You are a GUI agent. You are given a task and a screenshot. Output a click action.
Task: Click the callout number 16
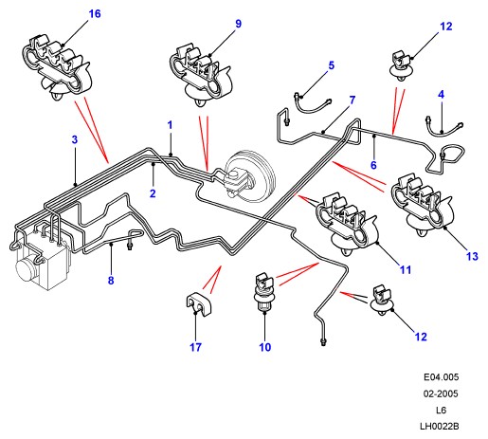(95, 14)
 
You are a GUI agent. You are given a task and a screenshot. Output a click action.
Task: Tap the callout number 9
(238, 24)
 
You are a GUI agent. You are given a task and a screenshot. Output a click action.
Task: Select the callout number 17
(195, 347)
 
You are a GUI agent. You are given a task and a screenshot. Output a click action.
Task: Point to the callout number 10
(265, 347)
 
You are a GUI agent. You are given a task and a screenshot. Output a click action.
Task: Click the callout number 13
(472, 256)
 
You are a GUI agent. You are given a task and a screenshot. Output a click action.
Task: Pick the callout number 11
(406, 270)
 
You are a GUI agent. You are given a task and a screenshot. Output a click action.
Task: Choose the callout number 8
(111, 280)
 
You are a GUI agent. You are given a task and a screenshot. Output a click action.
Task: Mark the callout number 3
(75, 139)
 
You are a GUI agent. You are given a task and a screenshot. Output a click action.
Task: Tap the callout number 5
(331, 65)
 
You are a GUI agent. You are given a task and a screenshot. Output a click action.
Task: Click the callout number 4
(442, 94)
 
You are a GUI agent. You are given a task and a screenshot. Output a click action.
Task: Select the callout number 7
(352, 101)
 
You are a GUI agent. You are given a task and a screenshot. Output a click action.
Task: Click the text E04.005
(441, 377)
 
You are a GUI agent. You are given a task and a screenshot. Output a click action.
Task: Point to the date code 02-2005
(441, 393)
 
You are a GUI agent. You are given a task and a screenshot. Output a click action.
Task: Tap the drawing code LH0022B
(439, 427)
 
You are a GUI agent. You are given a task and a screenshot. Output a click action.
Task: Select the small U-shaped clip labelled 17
(198, 305)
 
